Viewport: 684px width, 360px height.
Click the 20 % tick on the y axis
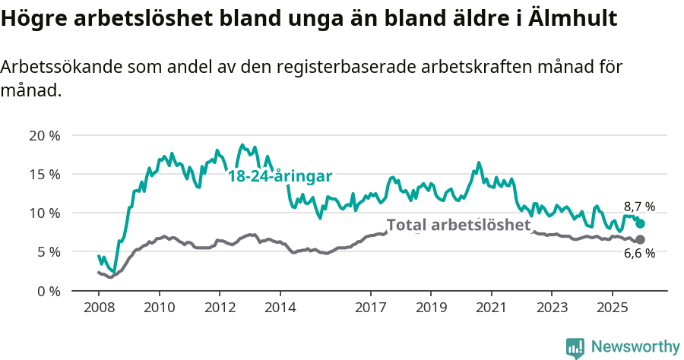coord(43,136)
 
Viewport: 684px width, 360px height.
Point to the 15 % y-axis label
coord(43,175)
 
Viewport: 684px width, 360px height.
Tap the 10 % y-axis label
coord(43,213)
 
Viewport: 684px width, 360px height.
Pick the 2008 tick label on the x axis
coord(99,308)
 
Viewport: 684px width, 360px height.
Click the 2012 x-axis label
coord(220,308)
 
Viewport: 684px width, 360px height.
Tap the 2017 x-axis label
coord(370,308)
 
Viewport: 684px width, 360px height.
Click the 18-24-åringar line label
coord(280,175)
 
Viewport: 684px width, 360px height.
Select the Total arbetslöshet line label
coord(458,225)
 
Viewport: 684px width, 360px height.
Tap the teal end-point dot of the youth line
coord(640,223)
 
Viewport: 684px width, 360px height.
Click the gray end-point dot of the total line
coord(640,240)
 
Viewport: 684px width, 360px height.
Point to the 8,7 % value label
coord(639,207)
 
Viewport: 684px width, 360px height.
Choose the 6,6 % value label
coord(639,254)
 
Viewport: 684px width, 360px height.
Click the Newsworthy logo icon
coord(575,347)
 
